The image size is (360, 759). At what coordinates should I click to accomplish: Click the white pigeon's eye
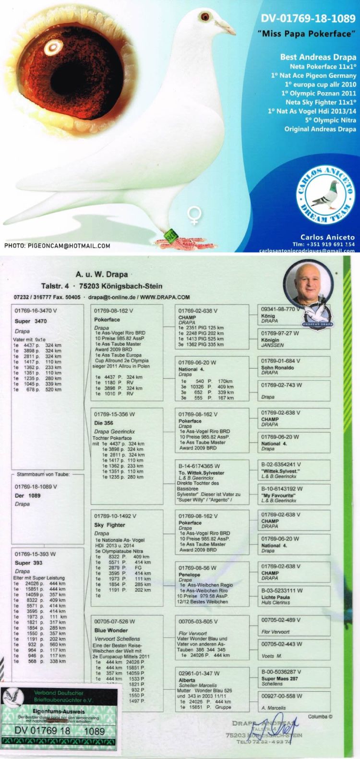click(205, 16)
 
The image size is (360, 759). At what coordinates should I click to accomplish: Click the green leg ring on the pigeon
click(170, 234)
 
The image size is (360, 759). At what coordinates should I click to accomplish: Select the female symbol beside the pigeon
click(194, 215)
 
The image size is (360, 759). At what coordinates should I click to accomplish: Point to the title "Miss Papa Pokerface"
click(312, 34)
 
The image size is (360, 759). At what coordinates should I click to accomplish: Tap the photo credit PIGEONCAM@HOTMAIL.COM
click(57, 246)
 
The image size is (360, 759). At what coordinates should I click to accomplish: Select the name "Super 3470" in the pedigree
click(31, 321)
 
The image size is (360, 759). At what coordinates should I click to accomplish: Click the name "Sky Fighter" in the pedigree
click(109, 525)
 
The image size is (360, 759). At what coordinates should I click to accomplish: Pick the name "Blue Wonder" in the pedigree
click(111, 630)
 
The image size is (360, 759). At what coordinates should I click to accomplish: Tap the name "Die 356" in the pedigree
click(104, 423)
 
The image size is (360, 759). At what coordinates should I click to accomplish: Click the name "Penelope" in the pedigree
click(189, 575)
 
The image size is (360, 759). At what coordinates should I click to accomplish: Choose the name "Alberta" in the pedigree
click(187, 680)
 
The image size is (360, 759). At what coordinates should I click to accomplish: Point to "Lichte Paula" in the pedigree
click(276, 597)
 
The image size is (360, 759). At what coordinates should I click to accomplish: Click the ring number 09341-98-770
click(278, 309)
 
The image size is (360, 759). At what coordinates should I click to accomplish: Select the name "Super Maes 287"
click(279, 679)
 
